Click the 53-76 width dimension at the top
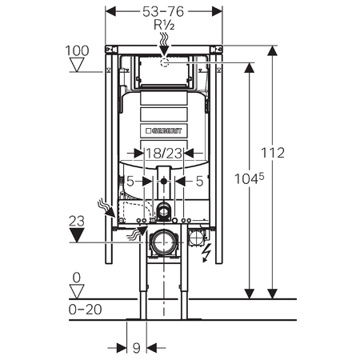[163, 12]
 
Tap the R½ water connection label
[164, 25]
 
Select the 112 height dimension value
[273, 153]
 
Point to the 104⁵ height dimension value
[250, 178]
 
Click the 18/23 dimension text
[164, 154]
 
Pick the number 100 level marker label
[77, 50]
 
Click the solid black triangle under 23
[77, 235]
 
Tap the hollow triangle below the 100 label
[77, 65]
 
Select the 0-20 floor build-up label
[85, 310]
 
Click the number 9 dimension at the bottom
[137, 348]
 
